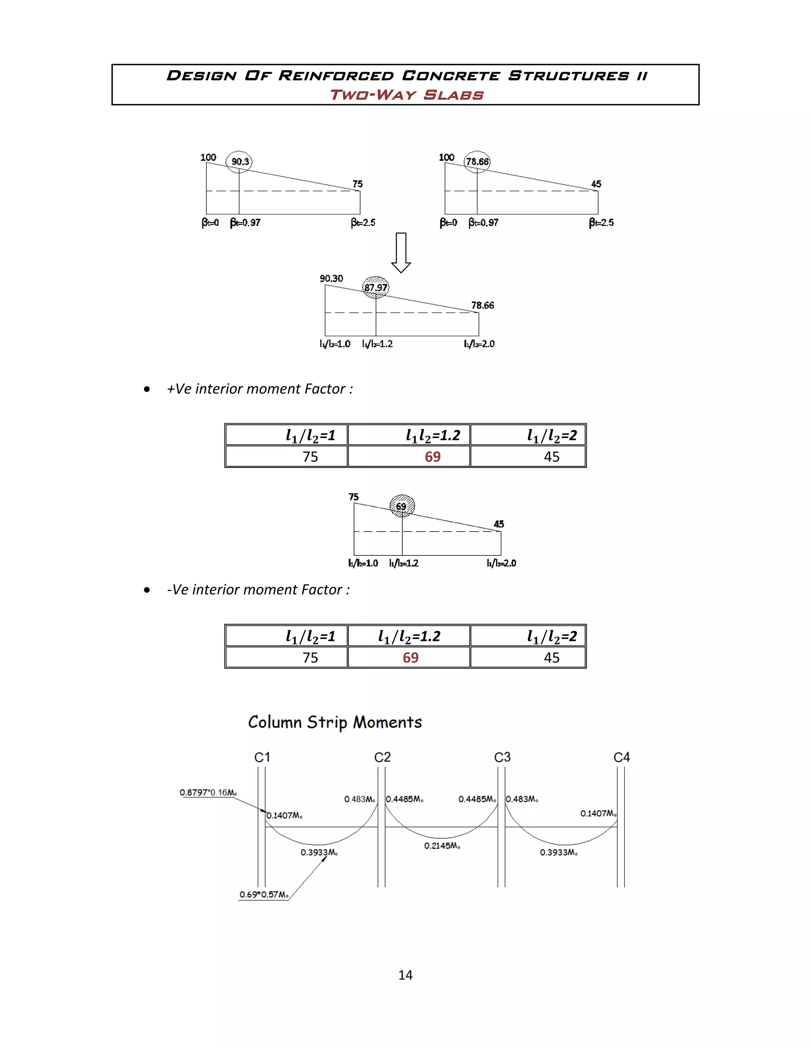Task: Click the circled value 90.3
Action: tap(239, 162)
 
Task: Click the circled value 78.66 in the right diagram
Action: tap(477, 162)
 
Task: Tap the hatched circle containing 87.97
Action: tap(375, 288)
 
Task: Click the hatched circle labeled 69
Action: tap(402, 506)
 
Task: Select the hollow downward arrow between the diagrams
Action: tap(401, 253)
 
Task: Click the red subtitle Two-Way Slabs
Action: tap(406, 95)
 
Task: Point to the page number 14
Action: tap(405, 975)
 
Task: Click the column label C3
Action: tap(502, 757)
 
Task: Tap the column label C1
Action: tap(262, 757)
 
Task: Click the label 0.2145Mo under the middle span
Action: tap(442, 846)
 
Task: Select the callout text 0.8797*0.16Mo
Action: tap(208, 792)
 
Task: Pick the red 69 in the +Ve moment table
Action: tap(432, 456)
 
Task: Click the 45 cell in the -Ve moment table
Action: tap(551, 658)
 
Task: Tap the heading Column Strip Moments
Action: tap(335, 722)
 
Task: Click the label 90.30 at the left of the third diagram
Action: tap(331, 279)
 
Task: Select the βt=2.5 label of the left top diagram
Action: tap(363, 222)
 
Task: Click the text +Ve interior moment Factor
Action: tap(259, 389)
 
